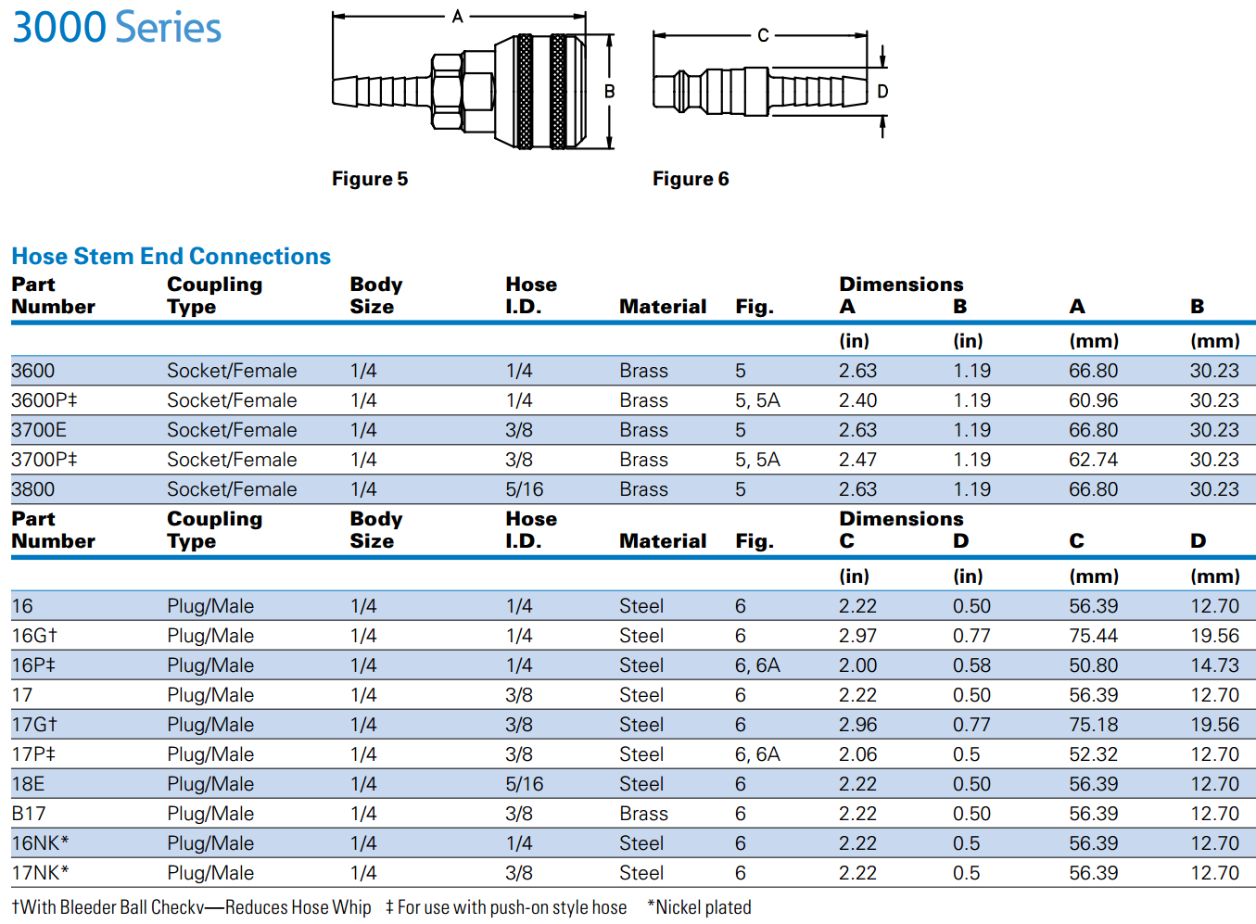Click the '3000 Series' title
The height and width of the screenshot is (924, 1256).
pos(117,28)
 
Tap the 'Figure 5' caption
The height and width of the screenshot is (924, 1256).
pos(370,179)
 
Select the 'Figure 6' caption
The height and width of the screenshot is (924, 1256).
pos(691,179)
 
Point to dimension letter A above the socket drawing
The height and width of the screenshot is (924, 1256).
pos(458,17)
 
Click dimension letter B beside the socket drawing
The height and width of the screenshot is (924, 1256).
pos(610,92)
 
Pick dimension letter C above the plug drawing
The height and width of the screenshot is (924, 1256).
pos(763,35)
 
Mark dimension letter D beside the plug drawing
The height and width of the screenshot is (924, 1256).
pos(882,92)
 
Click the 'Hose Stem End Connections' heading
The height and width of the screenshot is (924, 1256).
pos(171,257)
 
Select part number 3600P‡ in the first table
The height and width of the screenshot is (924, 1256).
pos(44,400)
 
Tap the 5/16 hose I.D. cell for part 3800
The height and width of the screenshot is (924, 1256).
pos(525,489)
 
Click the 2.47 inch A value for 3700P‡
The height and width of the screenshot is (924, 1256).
pos(857,460)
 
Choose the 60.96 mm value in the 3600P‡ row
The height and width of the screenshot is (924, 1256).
pos(1093,400)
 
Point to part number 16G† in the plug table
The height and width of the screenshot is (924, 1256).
pos(34,636)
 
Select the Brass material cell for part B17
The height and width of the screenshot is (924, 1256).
pos(643,814)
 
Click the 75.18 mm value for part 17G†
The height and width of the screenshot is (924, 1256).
pos(1093,725)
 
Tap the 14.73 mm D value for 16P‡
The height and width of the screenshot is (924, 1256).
pos(1214,665)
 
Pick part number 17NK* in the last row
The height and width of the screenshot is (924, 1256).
pos(41,873)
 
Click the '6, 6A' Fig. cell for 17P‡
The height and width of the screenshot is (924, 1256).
pos(757,754)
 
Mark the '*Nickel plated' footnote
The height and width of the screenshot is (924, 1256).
pos(699,907)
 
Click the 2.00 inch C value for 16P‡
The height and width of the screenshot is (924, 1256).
pos(857,665)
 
